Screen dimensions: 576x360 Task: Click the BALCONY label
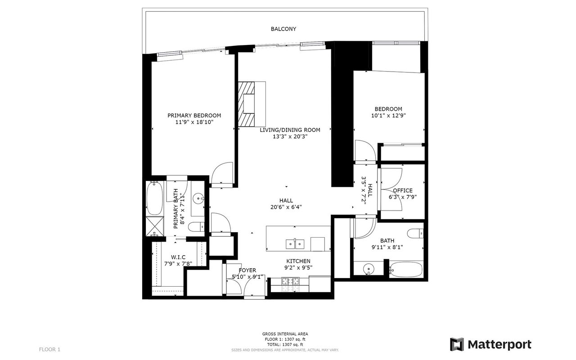(x=283, y=29)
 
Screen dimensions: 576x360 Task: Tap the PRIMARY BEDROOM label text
(x=194, y=116)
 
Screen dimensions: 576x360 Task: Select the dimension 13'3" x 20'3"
(x=290, y=136)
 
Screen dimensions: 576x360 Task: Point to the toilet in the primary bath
(x=196, y=227)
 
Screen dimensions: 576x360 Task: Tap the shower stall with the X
(x=154, y=226)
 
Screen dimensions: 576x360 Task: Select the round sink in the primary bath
(x=198, y=198)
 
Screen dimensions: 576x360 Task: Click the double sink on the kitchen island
(x=295, y=244)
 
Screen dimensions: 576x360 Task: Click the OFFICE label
(x=403, y=190)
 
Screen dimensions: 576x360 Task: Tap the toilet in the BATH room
(x=415, y=234)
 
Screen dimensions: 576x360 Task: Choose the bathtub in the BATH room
(x=406, y=270)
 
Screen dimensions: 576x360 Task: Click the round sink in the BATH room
(x=369, y=269)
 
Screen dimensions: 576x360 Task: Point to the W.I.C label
(x=178, y=257)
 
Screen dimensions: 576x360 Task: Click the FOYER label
(x=247, y=270)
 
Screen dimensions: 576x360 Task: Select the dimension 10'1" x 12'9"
(x=388, y=116)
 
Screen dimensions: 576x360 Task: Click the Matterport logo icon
(x=457, y=344)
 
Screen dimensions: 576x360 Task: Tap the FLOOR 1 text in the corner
(x=49, y=350)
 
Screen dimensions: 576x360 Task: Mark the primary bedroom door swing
(x=222, y=173)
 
